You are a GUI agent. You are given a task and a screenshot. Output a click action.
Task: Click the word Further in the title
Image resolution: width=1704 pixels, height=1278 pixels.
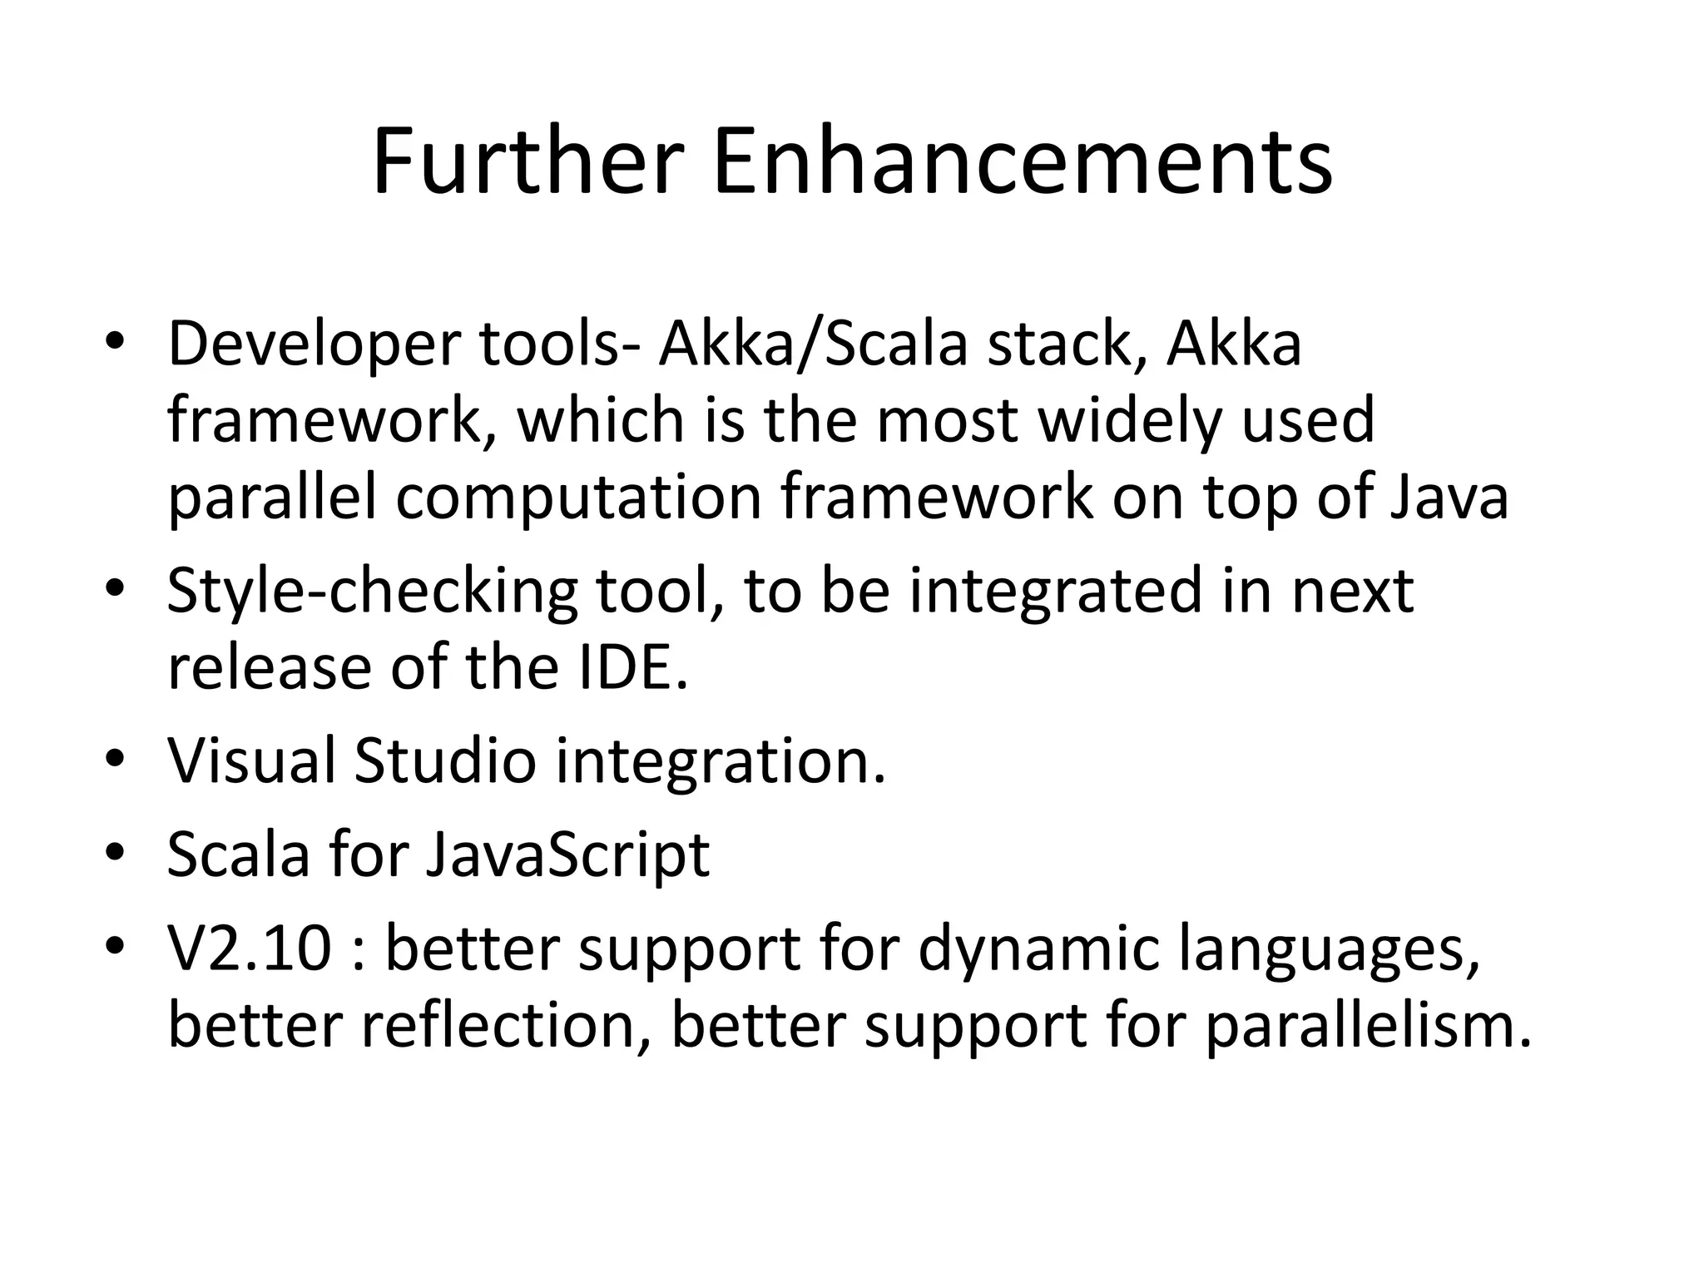pyautogui.click(x=528, y=162)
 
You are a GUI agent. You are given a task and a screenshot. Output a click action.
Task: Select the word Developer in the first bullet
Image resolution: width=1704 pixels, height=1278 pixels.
pyautogui.click(x=313, y=345)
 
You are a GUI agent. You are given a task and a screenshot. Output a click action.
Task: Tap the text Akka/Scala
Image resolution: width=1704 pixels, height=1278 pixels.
pyautogui.click(x=813, y=344)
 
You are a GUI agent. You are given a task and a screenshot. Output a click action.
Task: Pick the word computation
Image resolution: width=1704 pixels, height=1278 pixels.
pyautogui.click(x=578, y=499)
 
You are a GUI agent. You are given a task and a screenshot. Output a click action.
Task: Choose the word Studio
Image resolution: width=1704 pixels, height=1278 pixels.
pyautogui.click(x=445, y=760)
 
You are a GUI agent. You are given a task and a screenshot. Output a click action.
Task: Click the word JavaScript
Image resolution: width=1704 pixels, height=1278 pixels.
pyautogui.click(x=567, y=854)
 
